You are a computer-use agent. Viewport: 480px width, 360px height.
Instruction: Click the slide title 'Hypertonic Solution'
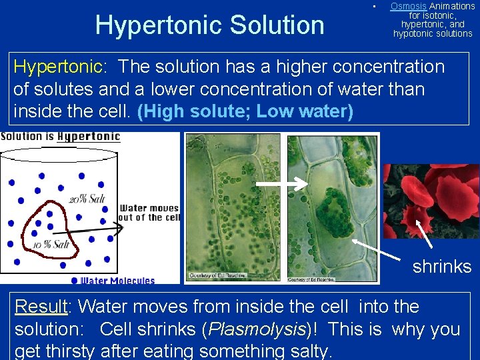click(x=209, y=25)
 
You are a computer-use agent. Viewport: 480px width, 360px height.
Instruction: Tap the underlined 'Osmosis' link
click(x=408, y=6)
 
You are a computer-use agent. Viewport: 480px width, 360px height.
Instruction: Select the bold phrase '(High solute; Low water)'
click(x=245, y=111)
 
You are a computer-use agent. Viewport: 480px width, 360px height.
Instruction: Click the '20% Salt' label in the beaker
click(x=87, y=199)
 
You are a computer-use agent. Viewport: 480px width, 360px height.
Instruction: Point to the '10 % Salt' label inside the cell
click(x=51, y=244)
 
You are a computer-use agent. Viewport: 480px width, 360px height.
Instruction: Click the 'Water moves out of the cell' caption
click(x=150, y=213)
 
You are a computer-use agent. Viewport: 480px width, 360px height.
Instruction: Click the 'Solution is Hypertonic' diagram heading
click(x=61, y=137)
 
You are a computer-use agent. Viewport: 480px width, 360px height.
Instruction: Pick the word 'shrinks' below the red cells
click(x=442, y=267)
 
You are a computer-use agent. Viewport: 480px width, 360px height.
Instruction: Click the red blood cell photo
click(x=431, y=201)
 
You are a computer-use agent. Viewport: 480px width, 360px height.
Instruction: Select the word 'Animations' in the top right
click(x=452, y=6)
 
